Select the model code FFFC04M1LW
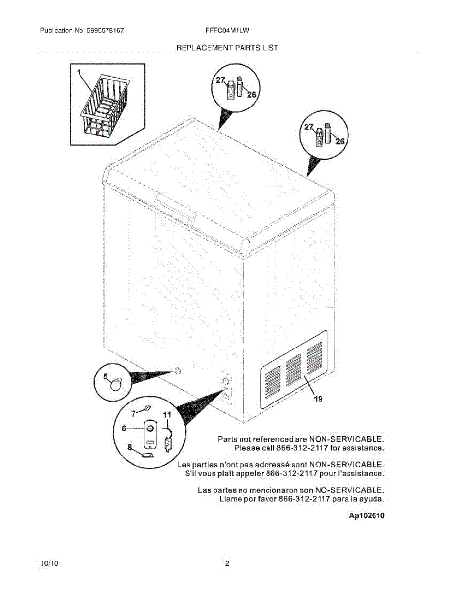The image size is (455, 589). tap(227, 30)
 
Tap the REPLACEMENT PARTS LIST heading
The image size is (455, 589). tap(227, 48)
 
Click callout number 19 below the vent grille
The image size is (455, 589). tap(318, 399)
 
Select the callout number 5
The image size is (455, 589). tap(105, 377)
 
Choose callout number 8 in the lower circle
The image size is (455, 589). tap(130, 447)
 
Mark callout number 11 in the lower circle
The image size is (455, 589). tap(167, 415)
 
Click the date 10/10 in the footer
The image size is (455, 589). tap(50, 564)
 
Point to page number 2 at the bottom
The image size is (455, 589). tap(227, 564)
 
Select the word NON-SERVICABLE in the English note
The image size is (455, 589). tap(346, 439)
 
